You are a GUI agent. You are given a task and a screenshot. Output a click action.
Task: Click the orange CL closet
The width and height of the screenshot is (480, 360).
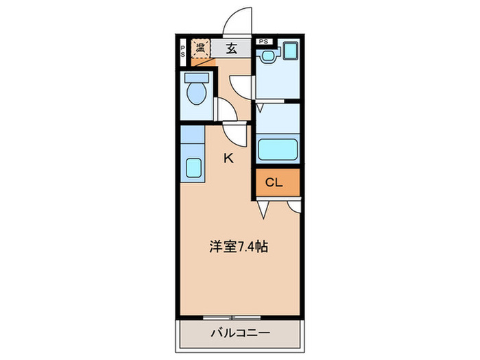pyautogui.click(x=278, y=182)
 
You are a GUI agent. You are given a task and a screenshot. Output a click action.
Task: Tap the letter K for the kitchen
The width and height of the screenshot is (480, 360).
pyautogui.click(x=229, y=158)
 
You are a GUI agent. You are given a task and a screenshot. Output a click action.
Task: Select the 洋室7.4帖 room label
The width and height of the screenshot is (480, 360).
pyautogui.click(x=238, y=246)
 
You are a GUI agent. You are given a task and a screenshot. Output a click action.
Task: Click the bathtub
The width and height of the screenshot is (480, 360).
pyautogui.click(x=277, y=149)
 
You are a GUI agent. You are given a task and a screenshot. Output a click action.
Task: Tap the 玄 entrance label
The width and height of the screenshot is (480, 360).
pyautogui.click(x=232, y=48)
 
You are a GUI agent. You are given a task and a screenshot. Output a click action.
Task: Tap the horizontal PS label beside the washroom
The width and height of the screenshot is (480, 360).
pyautogui.click(x=264, y=40)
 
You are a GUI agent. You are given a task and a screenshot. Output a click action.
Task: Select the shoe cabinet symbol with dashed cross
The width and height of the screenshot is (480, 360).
pyautogui.click(x=201, y=49)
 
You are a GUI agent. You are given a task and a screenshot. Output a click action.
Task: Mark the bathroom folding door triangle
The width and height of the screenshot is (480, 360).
pyautogui.click(x=261, y=108)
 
